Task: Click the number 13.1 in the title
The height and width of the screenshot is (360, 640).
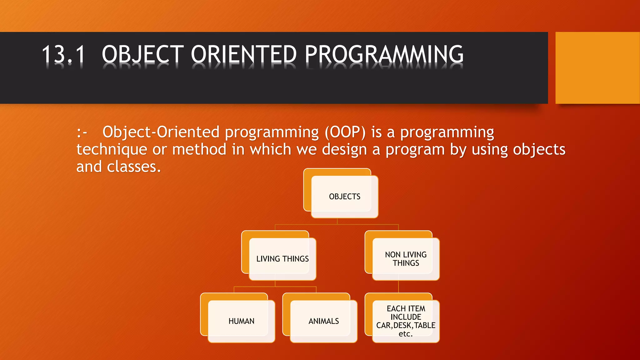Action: [63, 54]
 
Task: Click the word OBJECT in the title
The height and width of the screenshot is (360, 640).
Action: [143, 54]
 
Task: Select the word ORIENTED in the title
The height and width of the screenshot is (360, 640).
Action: [244, 54]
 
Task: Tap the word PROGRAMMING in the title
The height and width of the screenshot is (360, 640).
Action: [384, 54]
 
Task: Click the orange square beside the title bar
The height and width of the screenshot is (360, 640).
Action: [597, 68]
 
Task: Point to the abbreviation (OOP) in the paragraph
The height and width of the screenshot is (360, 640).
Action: [345, 132]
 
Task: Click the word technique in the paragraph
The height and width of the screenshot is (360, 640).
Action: [112, 150]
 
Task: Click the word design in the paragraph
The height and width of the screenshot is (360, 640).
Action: [344, 150]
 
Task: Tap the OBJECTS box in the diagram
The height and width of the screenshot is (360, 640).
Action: [344, 197]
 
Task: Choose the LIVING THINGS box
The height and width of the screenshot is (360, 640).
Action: [282, 259]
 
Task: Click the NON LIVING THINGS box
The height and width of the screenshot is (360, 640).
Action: [406, 259]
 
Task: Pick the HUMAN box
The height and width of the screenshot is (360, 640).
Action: [241, 321]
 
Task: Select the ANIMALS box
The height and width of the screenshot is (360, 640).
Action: [323, 321]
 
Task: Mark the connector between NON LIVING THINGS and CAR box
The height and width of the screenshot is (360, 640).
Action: [398, 287]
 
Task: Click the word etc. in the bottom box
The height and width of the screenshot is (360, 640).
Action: [406, 334]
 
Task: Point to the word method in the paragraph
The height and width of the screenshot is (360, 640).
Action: [199, 150]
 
